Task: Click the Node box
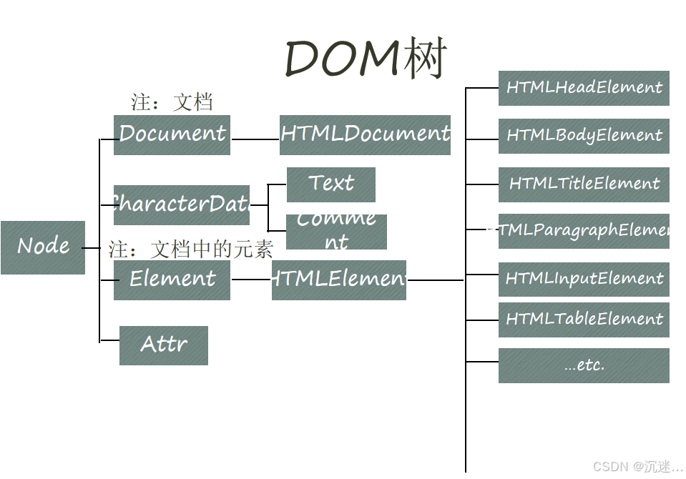point(43,247)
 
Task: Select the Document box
point(172,134)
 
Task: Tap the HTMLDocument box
point(365,134)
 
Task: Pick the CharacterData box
point(182,205)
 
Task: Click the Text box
point(330,184)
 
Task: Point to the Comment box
point(336,232)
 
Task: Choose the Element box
point(172,280)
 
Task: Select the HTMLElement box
point(339,280)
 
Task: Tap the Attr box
point(164,345)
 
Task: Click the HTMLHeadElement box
point(584,88)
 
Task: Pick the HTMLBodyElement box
point(584,136)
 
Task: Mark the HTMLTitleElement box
point(584,184)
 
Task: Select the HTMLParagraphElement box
point(584,231)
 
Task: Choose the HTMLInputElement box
point(584,279)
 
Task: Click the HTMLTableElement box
point(584,320)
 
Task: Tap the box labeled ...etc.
point(584,365)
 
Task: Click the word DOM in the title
point(342,59)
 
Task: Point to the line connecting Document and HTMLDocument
point(255,139)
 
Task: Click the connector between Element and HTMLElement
point(251,280)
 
